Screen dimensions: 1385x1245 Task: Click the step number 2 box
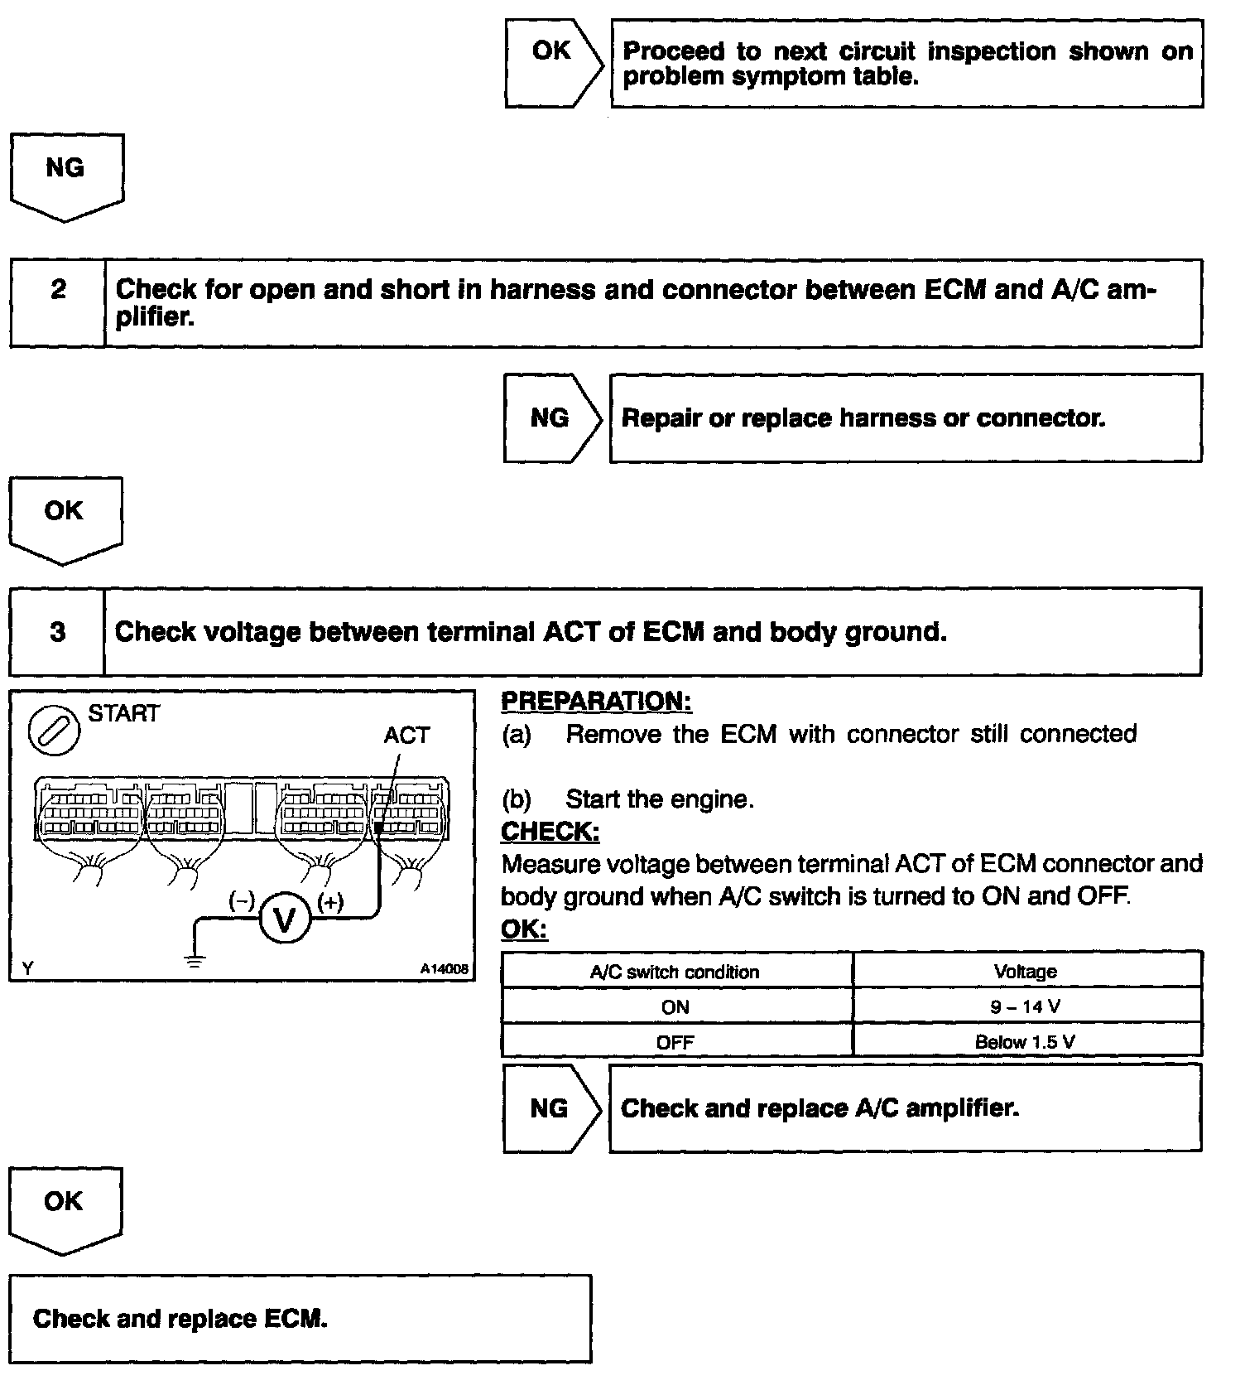coord(58,303)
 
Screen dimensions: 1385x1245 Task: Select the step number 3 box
coord(57,632)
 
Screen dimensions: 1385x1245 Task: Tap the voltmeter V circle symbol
coord(284,920)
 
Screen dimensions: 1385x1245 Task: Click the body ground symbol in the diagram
coord(195,960)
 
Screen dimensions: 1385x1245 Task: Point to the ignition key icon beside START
coord(55,731)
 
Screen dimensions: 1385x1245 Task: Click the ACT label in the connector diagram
coord(406,736)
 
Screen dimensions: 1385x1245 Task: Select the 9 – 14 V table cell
coord(1026,1007)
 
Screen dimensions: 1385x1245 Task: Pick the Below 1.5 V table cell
coord(1026,1042)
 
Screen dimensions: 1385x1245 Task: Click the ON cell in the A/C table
coord(675,1007)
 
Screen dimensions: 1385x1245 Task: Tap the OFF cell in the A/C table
coord(675,1042)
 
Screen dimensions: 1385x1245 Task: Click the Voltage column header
coord(1026,972)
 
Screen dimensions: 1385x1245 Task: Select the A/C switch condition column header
coord(675,972)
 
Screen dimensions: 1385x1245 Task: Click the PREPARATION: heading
coord(596,702)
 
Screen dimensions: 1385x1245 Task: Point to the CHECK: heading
coord(550,831)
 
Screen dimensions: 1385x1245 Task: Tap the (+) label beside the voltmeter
coord(330,902)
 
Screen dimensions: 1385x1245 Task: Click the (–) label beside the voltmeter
coord(242,902)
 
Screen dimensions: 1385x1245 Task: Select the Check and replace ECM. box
coord(300,1319)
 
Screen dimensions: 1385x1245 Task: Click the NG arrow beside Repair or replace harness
coord(551,417)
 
